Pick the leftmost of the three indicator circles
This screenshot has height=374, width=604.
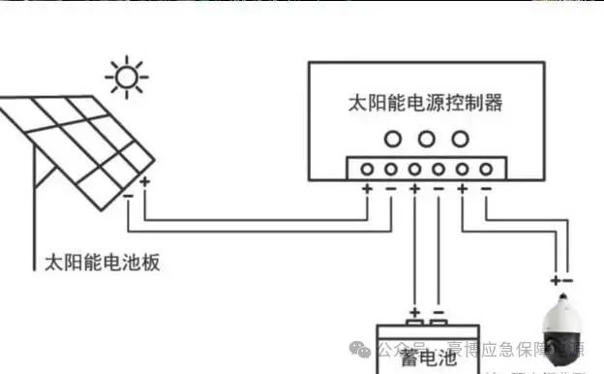click(x=392, y=138)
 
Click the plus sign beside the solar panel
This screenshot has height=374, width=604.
click(x=145, y=181)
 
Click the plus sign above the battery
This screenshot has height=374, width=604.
click(x=414, y=314)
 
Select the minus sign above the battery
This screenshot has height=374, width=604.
click(x=438, y=314)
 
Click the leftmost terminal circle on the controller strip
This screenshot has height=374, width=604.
click(x=368, y=169)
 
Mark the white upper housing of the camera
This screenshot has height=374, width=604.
click(x=561, y=312)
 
